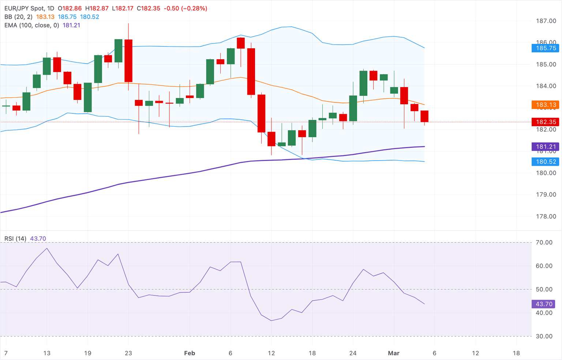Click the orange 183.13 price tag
[x=545, y=105]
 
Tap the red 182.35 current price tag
[x=545, y=122]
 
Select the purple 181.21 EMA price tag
[x=545, y=147]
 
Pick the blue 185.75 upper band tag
[x=545, y=48]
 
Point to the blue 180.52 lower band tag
[x=545, y=162]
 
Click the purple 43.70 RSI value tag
[x=544, y=304]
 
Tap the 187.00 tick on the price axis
[x=546, y=21]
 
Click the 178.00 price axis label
[x=546, y=217]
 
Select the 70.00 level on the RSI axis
[x=544, y=243]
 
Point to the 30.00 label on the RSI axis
[x=544, y=336]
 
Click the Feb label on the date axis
[x=190, y=353]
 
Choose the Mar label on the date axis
[x=394, y=353]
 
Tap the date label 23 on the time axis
[x=128, y=353]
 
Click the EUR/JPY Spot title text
[x=25, y=8]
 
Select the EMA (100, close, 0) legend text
[x=32, y=25]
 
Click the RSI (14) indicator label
[x=15, y=239]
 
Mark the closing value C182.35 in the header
[x=149, y=8]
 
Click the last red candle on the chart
[x=424, y=116]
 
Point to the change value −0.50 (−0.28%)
[x=185, y=8]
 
